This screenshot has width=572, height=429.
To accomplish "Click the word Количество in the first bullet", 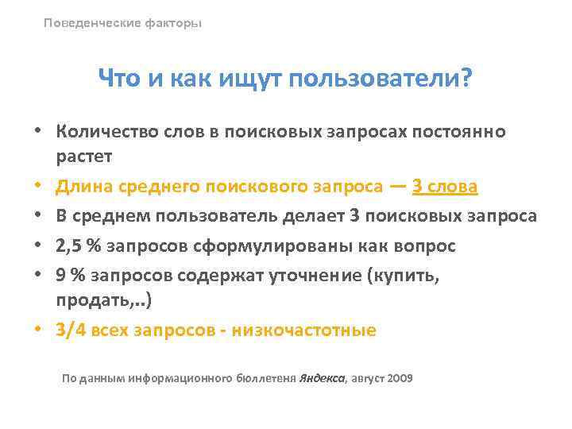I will [101, 130].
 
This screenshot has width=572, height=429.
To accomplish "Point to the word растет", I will [83, 157].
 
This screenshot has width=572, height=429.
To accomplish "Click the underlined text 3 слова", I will [445, 187].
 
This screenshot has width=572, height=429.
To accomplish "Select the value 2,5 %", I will [79, 245].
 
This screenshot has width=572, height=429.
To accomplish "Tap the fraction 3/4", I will [72, 330].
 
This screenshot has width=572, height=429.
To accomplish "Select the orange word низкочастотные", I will [303, 330].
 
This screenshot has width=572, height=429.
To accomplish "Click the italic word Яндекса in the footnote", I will [321, 378].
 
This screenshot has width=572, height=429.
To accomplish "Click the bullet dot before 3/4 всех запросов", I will [38, 330].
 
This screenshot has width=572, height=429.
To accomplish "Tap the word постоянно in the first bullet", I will [467, 130].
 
